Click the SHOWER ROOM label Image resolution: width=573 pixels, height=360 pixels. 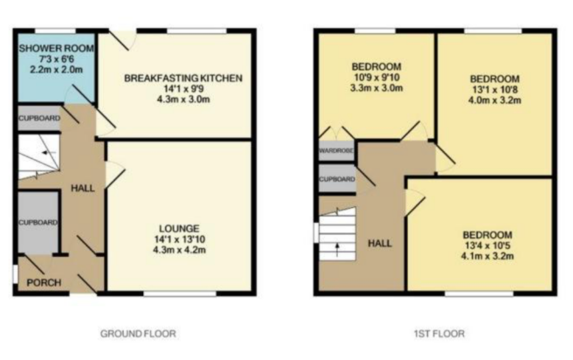(x=56, y=48)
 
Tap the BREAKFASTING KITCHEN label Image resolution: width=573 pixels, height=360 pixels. (x=183, y=79)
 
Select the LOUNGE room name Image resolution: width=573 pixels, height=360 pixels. (x=179, y=229)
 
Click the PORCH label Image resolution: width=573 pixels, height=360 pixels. (x=44, y=282)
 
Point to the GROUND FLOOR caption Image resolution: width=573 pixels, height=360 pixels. (x=138, y=334)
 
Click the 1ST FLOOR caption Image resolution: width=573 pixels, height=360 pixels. (x=439, y=334)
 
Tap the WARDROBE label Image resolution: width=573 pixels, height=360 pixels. (x=336, y=150)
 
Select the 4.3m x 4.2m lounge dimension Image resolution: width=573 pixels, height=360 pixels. (x=179, y=250)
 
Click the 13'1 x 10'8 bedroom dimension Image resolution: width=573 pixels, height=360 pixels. (x=494, y=89)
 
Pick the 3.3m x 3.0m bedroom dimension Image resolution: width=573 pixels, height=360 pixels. (x=376, y=88)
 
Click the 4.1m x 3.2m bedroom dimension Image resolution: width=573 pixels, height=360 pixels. (x=487, y=256)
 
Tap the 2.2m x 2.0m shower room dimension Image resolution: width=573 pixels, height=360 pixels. (x=56, y=69)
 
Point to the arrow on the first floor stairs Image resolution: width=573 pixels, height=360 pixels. (x=337, y=250)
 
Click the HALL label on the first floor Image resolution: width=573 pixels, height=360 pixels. (x=380, y=244)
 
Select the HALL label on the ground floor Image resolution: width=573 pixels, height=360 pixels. (x=83, y=188)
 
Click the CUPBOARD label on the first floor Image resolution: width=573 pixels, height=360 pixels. (x=337, y=179)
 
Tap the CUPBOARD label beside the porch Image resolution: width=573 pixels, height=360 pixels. (x=38, y=223)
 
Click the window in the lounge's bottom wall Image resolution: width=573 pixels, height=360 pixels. (x=180, y=294)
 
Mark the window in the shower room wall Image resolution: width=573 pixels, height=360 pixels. (x=55, y=31)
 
